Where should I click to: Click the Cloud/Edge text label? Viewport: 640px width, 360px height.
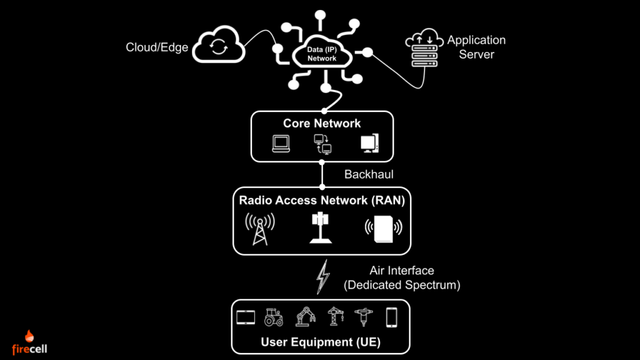(x=157, y=47)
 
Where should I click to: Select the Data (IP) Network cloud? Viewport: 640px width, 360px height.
(x=322, y=54)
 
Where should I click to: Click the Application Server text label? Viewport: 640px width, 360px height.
(x=476, y=47)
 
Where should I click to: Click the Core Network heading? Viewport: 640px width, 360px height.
(x=322, y=123)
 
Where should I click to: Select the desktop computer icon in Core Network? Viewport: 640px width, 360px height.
(x=369, y=144)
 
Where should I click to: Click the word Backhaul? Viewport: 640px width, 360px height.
(x=369, y=174)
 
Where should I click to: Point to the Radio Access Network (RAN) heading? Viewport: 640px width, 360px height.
(x=321, y=201)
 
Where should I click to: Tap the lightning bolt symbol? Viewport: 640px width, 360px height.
(x=322, y=277)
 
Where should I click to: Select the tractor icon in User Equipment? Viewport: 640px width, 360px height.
(x=274, y=317)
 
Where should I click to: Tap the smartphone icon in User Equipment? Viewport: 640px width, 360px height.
(x=392, y=317)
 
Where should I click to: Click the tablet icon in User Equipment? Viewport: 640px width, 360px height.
(x=246, y=317)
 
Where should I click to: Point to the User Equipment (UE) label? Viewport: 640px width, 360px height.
(x=321, y=342)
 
